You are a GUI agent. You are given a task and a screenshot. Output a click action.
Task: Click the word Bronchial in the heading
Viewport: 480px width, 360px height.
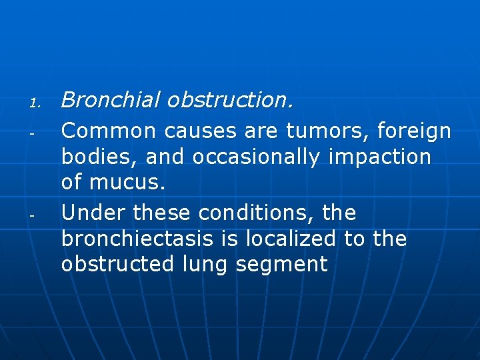coord(111,100)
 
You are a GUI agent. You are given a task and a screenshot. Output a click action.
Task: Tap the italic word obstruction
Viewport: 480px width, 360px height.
coord(230,100)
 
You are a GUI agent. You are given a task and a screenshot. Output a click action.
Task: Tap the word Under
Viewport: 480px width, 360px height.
coord(94,213)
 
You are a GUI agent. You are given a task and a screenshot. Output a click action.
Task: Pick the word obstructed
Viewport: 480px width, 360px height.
coord(117,264)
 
